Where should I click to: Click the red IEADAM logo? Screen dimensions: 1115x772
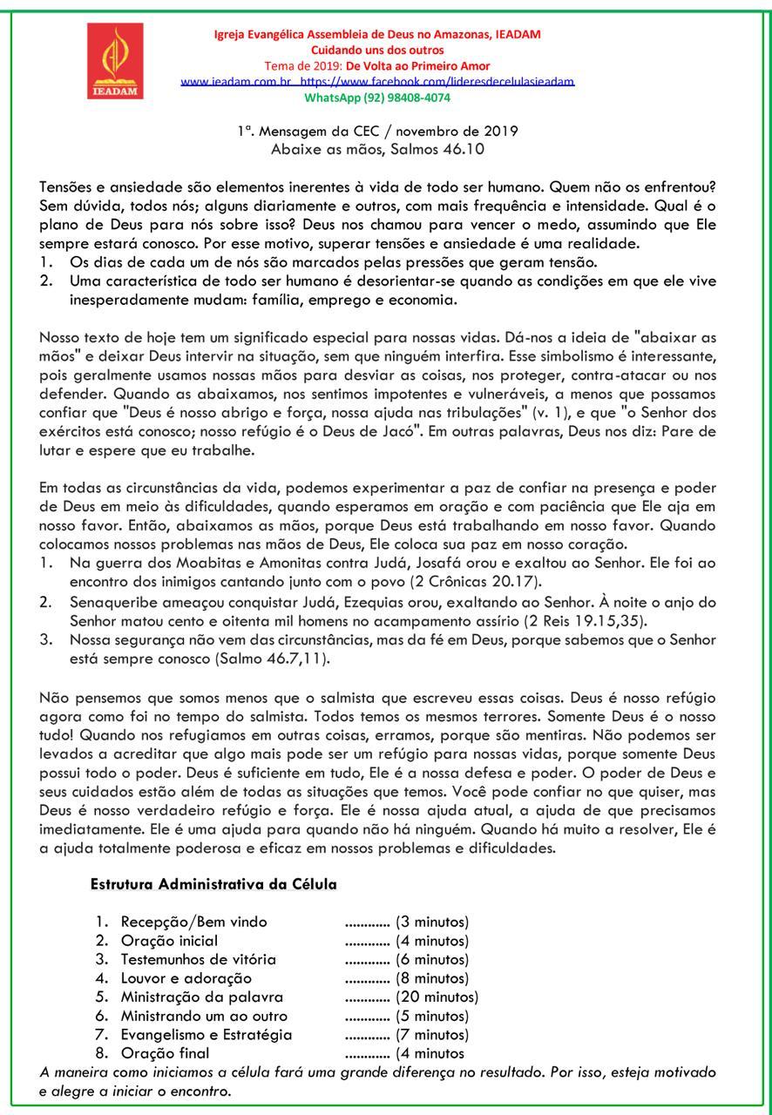click(x=115, y=61)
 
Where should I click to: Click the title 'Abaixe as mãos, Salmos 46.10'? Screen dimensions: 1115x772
click(x=377, y=149)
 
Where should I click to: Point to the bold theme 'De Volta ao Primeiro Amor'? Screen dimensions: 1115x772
click(x=418, y=66)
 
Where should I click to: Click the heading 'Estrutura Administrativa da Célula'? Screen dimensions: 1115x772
click(x=213, y=884)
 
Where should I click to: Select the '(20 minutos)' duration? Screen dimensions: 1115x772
click(x=437, y=997)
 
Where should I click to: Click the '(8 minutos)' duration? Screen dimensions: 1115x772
click(x=432, y=978)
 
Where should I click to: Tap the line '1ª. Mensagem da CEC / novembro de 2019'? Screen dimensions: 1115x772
click(x=377, y=132)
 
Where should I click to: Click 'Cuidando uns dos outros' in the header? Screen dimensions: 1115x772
click(x=377, y=51)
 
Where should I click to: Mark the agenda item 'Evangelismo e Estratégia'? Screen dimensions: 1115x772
click(x=207, y=1035)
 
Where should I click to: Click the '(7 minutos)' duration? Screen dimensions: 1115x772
click(x=432, y=1035)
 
